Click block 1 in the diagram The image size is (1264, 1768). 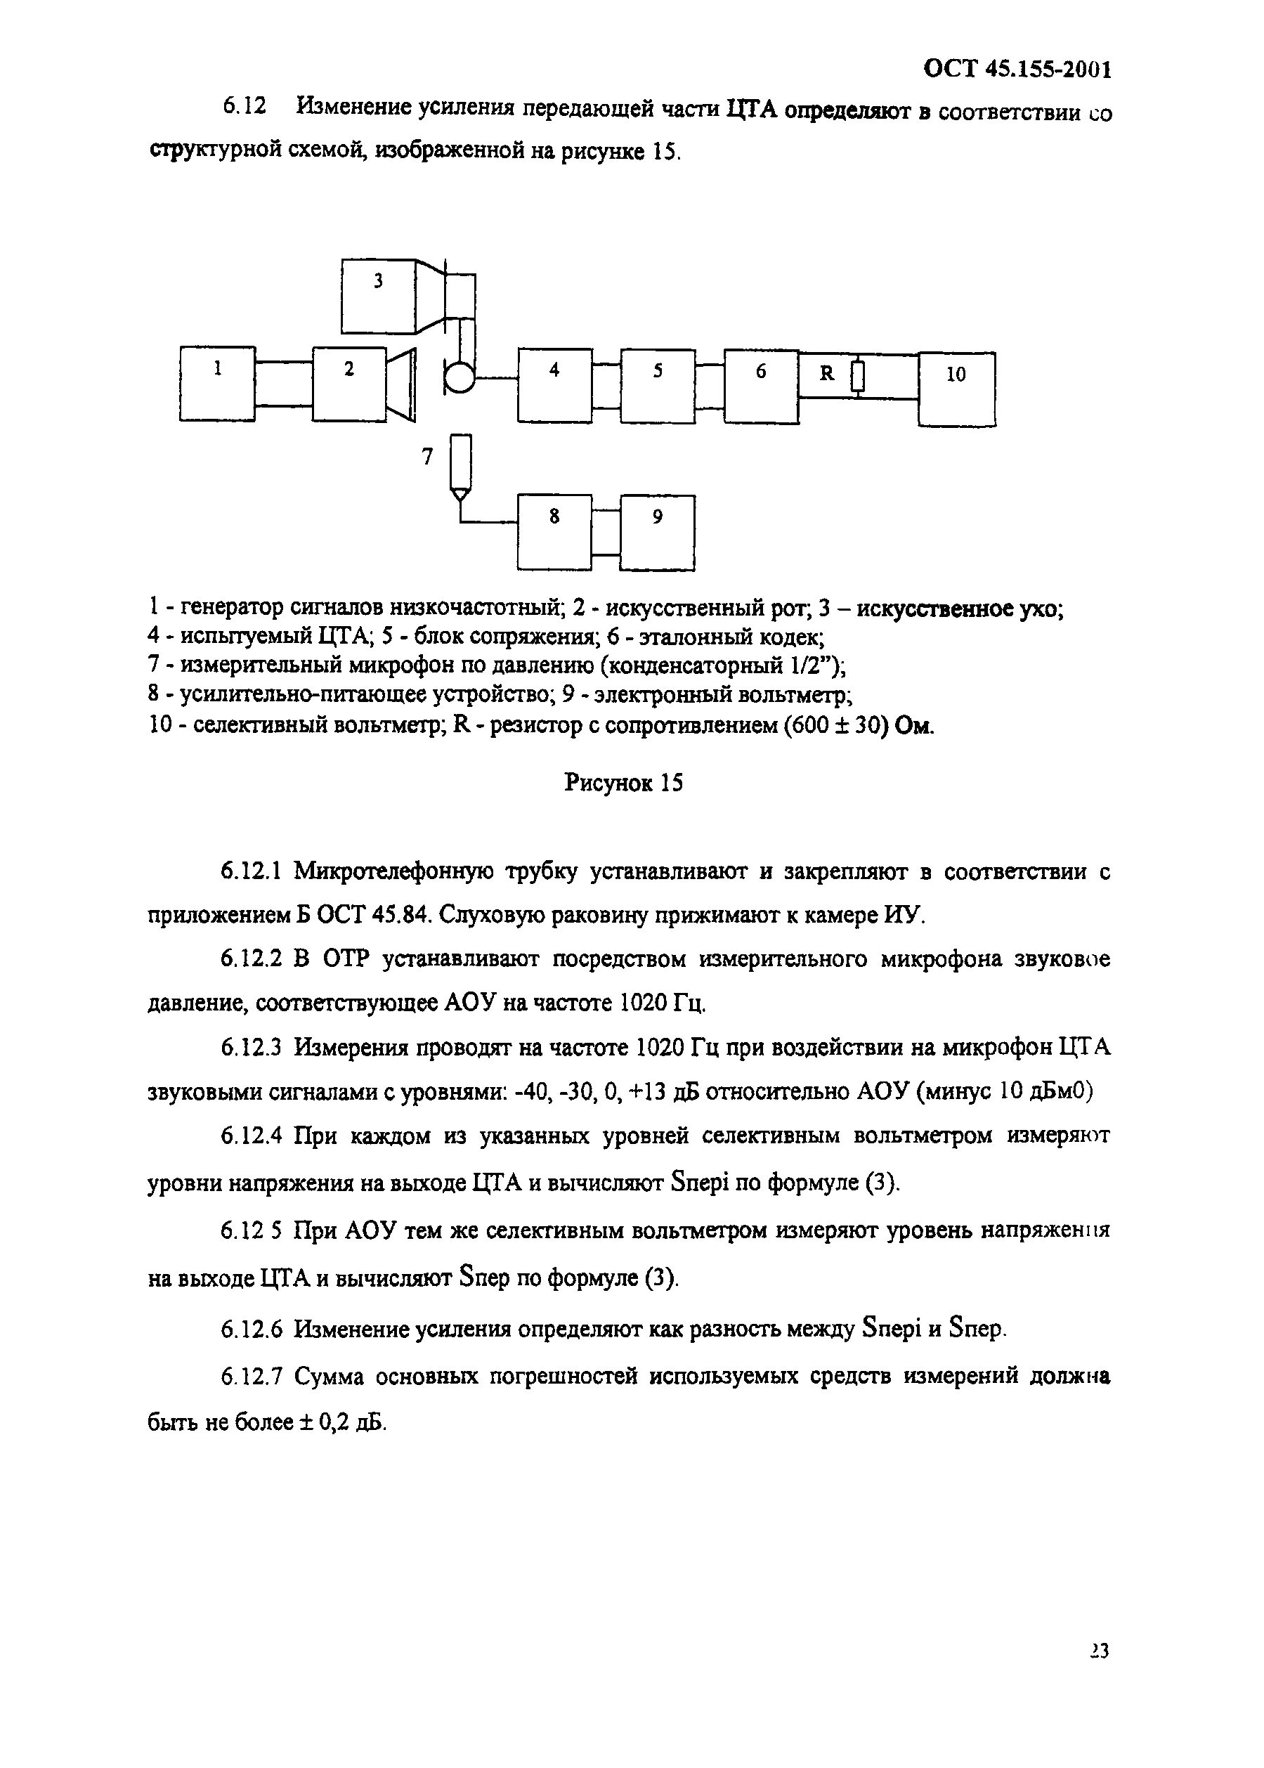point(217,383)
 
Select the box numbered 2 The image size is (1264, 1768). point(349,384)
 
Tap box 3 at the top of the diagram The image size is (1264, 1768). point(378,297)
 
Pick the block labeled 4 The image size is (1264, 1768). point(554,385)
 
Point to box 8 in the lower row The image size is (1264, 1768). point(554,533)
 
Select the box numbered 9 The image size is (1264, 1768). point(658,533)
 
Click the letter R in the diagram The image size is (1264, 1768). point(826,374)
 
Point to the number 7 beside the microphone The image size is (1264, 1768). point(426,457)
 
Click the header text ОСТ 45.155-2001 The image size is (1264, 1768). point(1017,70)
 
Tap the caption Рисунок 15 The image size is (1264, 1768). point(623,782)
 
